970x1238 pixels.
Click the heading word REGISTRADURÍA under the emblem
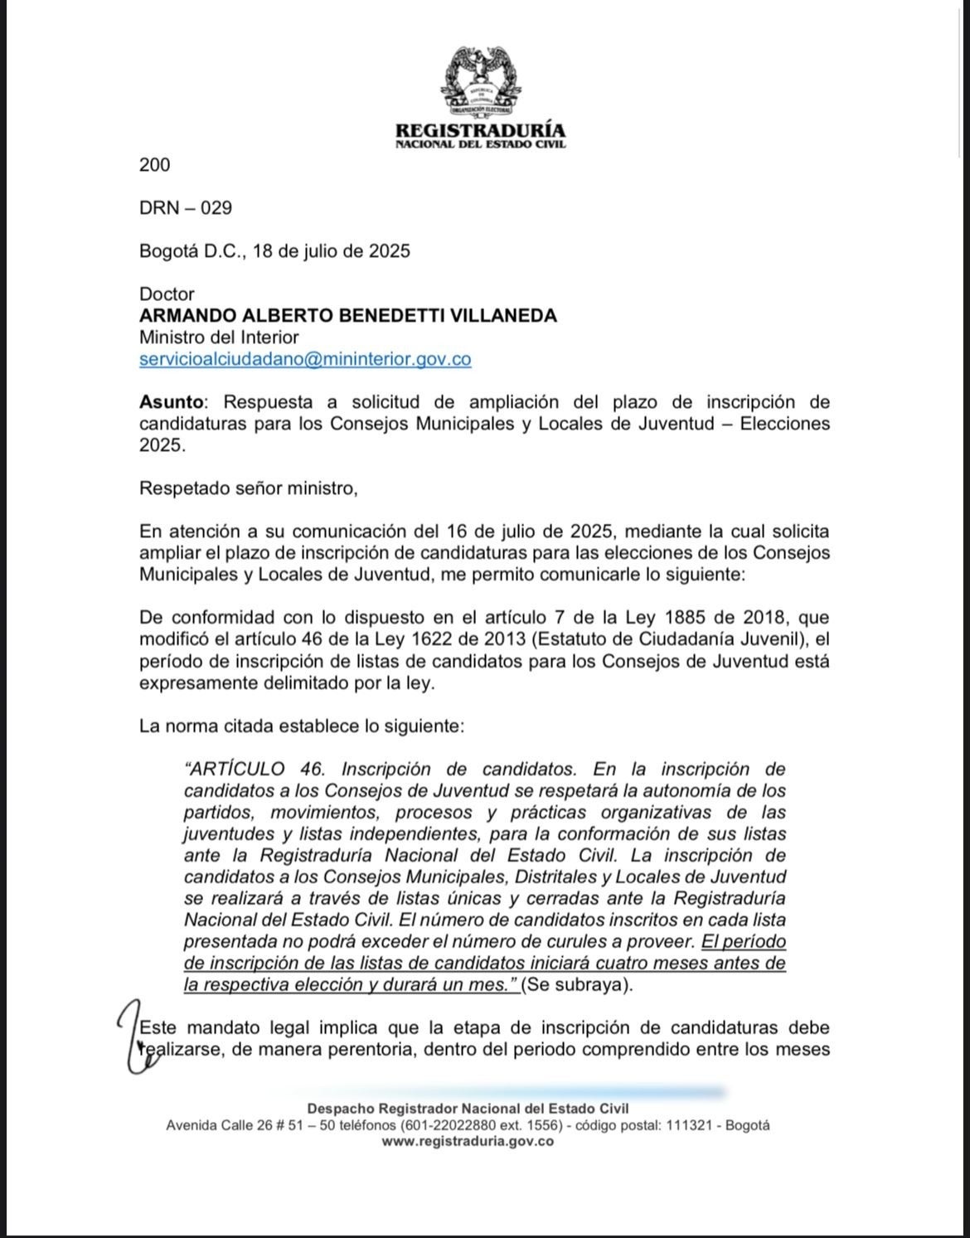click(x=480, y=130)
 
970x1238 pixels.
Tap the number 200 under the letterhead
click(x=154, y=165)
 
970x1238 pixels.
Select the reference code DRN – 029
click(x=186, y=208)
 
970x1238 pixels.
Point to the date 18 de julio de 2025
click(x=331, y=251)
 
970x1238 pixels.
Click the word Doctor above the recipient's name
click(x=167, y=294)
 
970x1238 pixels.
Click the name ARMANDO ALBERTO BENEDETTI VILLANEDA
click(x=348, y=316)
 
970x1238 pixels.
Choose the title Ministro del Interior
click(x=219, y=337)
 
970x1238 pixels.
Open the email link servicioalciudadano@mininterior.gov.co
click(x=305, y=359)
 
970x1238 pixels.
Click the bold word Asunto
click(x=171, y=402)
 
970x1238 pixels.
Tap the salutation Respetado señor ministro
click(x=248, y=488)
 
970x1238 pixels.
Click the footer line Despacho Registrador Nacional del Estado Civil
click(x=468, y=1109)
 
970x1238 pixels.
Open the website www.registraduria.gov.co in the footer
click(x=468, y=1142)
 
